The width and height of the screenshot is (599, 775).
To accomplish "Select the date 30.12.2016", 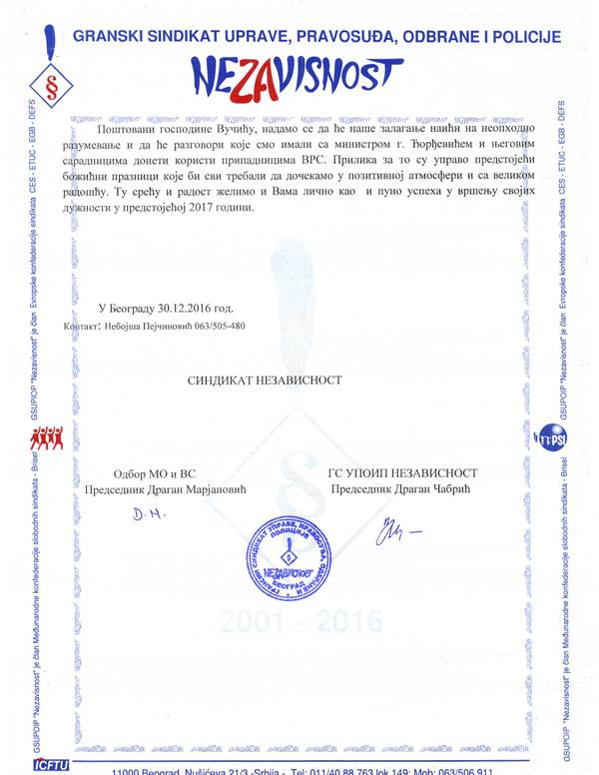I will [190, 308].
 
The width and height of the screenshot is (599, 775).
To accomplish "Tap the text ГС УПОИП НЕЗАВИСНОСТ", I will [402, 472].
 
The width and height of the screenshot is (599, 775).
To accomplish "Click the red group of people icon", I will [47, 437].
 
